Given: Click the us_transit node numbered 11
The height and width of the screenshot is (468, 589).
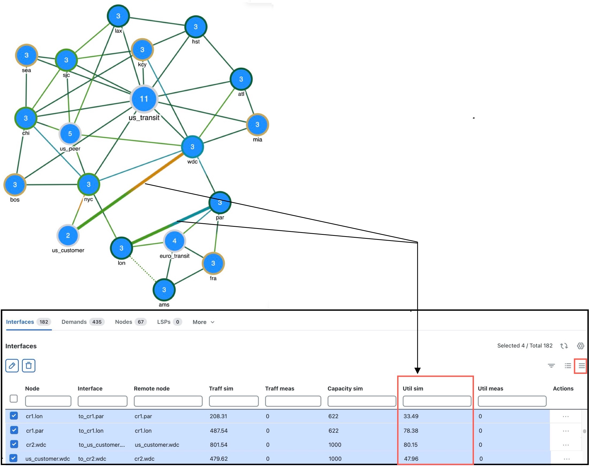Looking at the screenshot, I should (144, 99).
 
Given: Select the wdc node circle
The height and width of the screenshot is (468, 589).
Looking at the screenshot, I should (192, 147).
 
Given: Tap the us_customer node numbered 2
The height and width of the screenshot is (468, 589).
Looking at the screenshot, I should (68, 235).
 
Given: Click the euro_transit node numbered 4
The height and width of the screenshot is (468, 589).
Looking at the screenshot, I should (174, 241).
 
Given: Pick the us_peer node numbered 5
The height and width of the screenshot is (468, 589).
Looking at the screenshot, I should (70, 133).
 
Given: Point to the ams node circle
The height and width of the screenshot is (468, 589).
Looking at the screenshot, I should (164, 290).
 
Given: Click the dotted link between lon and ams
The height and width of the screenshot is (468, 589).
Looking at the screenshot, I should (143, 269).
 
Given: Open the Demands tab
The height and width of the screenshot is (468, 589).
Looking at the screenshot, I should (82, 322).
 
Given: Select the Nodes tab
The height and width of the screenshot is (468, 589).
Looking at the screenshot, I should (130, 322).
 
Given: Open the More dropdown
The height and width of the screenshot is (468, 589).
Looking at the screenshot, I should (203, 322).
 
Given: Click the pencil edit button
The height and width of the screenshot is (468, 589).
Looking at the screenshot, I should (12, 366).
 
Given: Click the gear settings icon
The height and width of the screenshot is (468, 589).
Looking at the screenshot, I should (580, 346).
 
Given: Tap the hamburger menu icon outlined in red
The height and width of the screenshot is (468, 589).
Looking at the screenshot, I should (582, 366).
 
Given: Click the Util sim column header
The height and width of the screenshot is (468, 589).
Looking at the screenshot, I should (413, 389).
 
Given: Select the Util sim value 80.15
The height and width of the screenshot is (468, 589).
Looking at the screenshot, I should (410, 445).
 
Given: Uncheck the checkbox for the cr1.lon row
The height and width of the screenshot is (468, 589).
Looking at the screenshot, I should (14, 416).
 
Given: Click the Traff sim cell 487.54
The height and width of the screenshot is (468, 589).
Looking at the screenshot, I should (219, 431).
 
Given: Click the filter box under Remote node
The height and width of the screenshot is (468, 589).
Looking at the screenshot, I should (168, 401).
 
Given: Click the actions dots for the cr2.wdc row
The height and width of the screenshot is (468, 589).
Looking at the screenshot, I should (565, 445).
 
